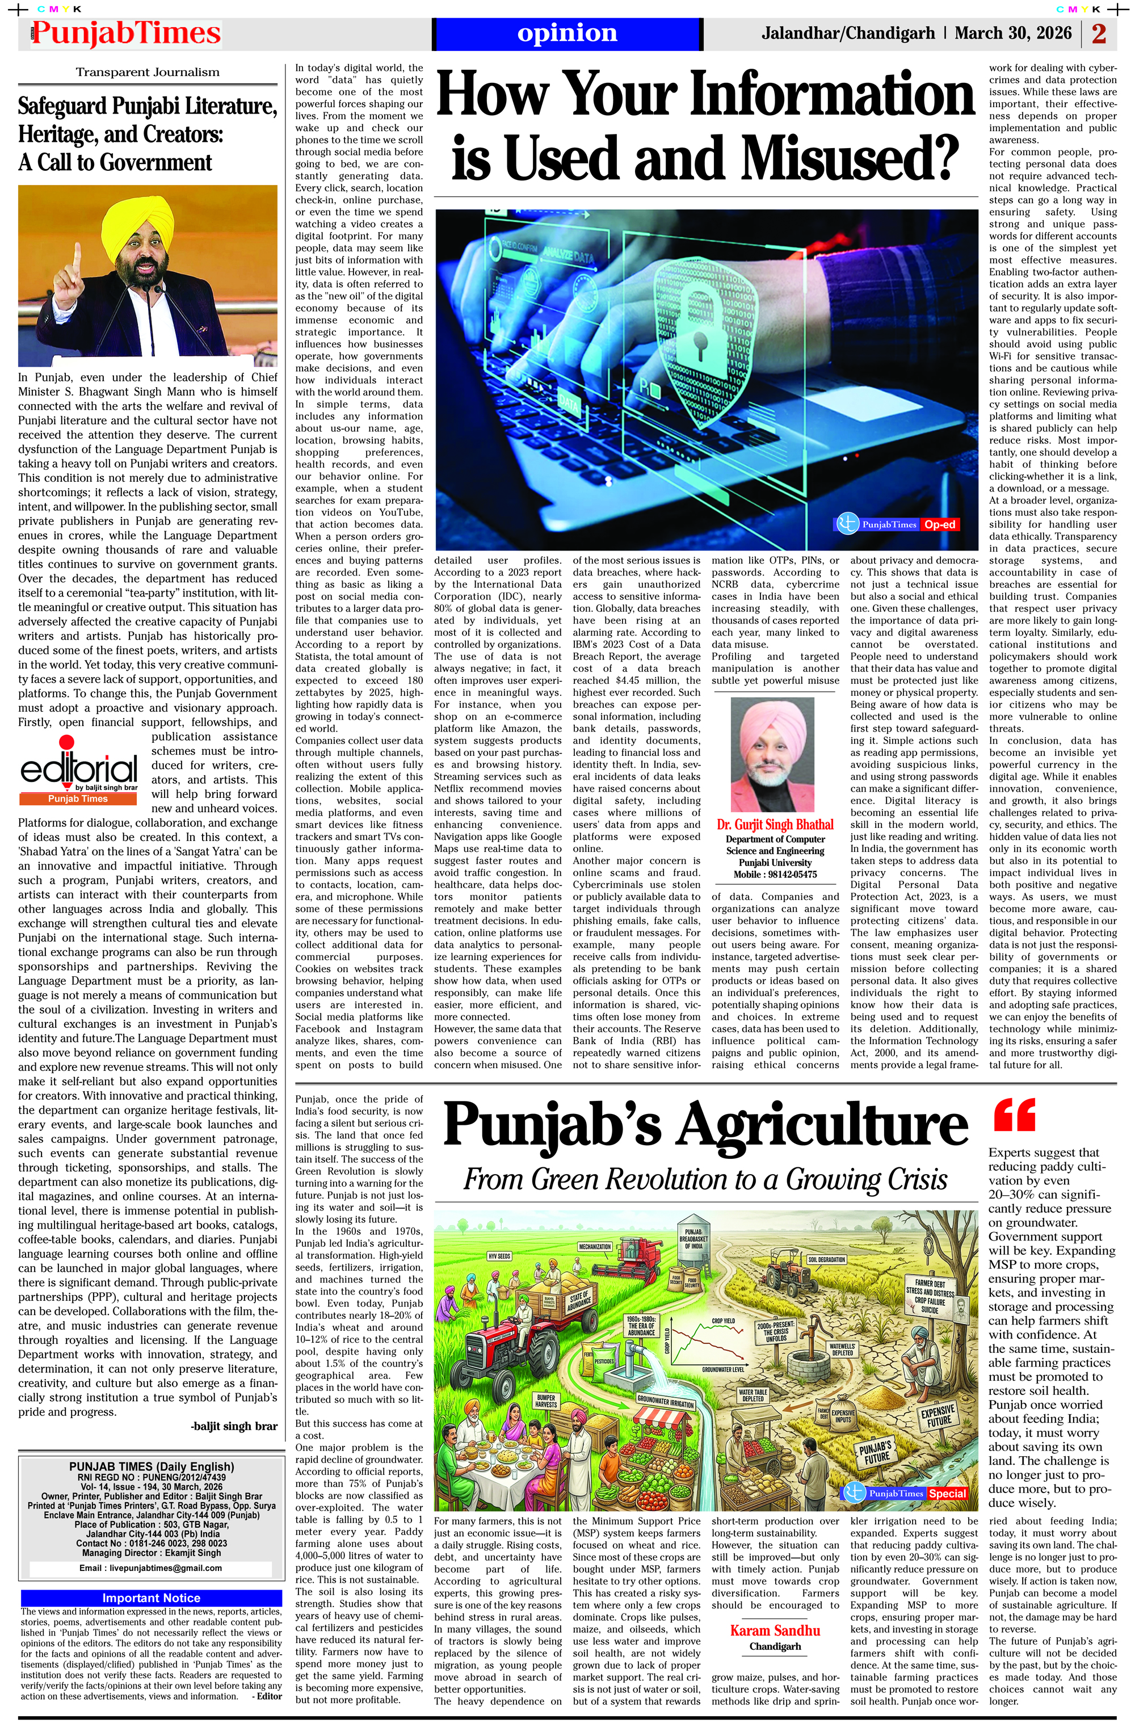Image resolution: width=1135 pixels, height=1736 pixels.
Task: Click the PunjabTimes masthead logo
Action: tap(125, 33)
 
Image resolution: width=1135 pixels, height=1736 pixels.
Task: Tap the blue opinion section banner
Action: tap(567, 33)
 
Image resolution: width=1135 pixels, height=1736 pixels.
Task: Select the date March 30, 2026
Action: tap(1013, 33)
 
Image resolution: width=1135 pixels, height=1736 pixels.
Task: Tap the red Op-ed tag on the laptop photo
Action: tap(940, 524)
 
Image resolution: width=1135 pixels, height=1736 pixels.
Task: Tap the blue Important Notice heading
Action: tap(151, 1598)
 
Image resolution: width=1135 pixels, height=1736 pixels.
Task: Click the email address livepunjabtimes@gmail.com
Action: tap(150, 1567)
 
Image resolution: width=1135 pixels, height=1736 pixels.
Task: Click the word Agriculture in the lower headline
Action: tap(823, 1125)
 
